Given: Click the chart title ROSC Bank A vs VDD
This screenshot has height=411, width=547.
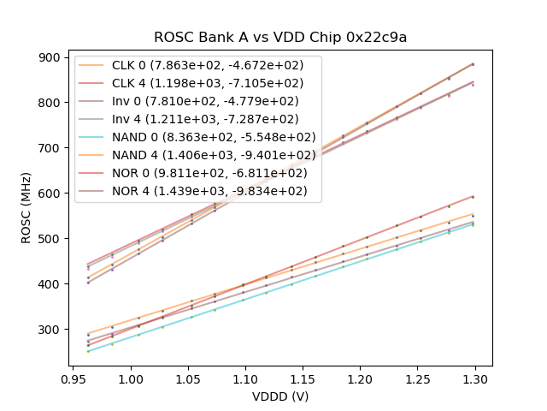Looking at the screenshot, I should pos(280,38).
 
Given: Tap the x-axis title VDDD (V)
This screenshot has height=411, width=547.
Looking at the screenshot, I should pos(279,396).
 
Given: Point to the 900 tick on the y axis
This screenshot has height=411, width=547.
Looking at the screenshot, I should pos(49,57).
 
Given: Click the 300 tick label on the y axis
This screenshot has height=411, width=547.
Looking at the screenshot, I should pos(49,330).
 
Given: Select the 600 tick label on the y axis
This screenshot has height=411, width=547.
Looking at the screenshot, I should pos(49,194).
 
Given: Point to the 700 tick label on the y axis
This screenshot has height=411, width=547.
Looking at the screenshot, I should pos(49,148).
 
